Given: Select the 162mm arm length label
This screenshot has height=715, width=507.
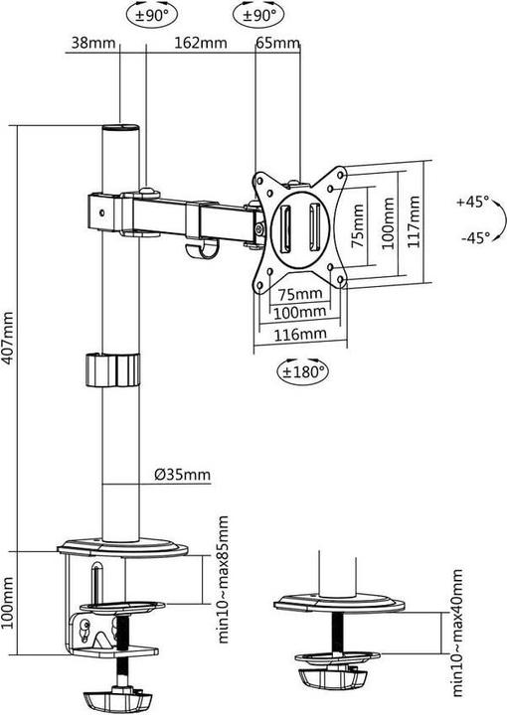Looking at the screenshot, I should pos(198,43).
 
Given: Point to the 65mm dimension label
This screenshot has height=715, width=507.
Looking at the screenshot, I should pos(277,43).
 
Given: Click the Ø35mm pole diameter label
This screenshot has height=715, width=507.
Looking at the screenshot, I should pos(182,474).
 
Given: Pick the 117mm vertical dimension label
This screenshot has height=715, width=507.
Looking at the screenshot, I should pos(414,220).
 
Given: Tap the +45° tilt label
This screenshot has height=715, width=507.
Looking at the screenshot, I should pos(473,201).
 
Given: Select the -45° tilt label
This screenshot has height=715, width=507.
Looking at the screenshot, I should pos(473,237).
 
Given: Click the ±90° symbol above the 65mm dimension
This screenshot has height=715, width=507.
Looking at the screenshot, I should pos(255,15).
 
